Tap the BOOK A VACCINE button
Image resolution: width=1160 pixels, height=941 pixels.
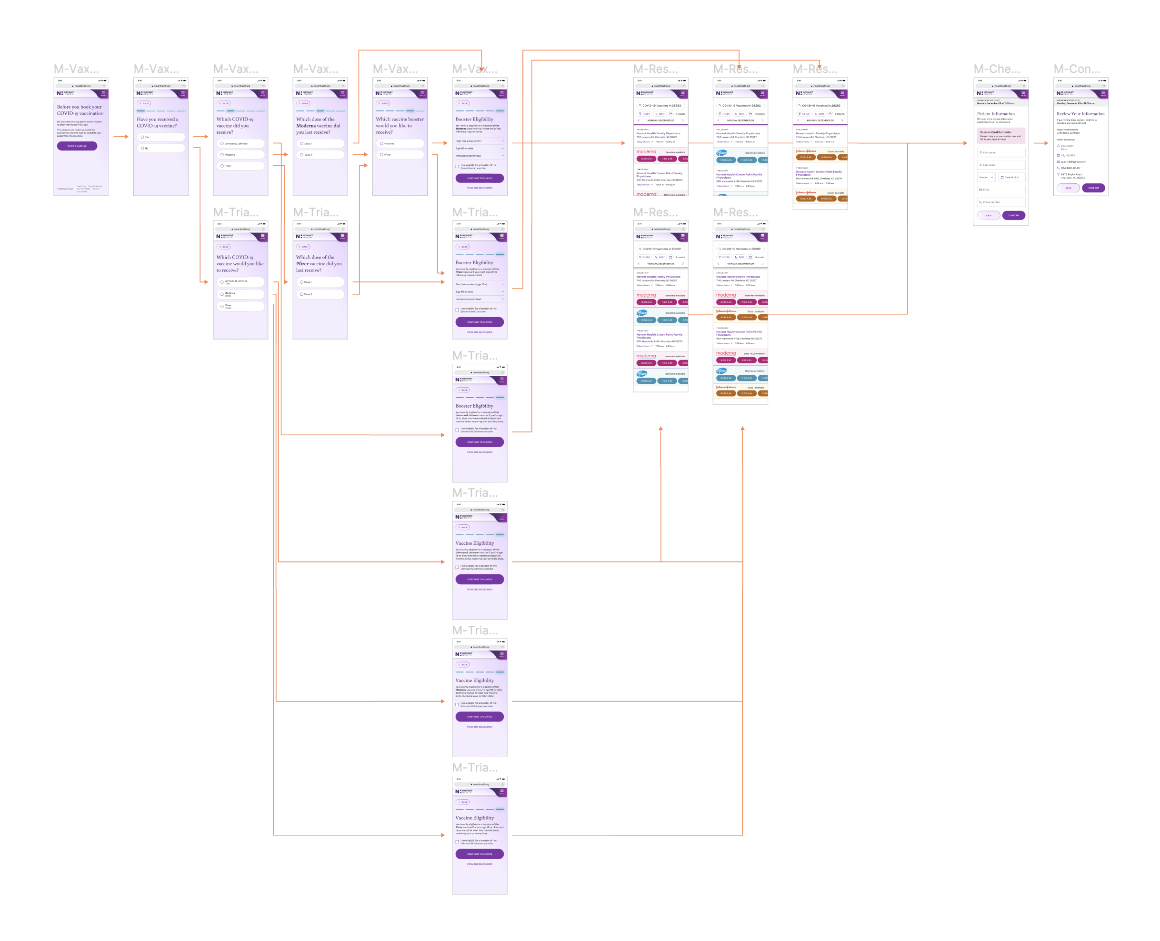[77, 146]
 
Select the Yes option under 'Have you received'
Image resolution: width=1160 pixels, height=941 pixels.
[160, 137]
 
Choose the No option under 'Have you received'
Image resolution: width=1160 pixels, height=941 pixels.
[160, 148]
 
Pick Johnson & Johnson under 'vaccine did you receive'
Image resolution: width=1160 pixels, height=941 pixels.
[240, 144]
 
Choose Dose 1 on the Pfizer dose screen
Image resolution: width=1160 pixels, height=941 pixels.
[320, 282]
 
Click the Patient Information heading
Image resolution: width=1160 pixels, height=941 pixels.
[995, 114]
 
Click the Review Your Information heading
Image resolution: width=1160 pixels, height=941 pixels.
[1080, 114]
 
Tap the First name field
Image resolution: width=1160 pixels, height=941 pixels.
[1000, 153]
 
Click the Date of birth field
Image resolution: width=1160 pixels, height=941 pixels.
[1011, 177]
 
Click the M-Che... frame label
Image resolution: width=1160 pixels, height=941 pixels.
[996, 70]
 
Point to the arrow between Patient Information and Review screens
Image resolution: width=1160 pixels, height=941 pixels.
[1040, 143]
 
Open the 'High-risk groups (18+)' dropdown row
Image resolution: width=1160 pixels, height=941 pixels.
[479, 141]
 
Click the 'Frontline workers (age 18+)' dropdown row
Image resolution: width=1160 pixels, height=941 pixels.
[479, 284]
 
